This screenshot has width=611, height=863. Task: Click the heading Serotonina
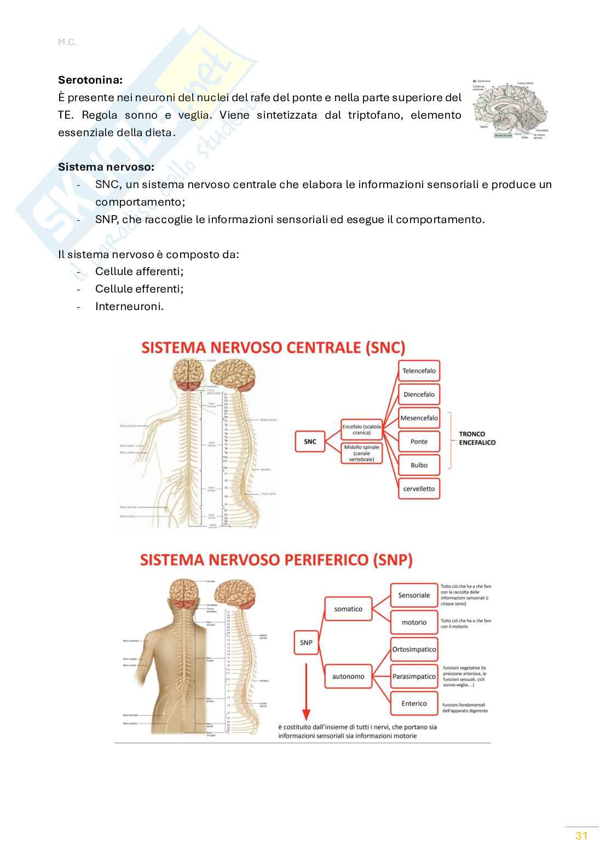pos(90,80)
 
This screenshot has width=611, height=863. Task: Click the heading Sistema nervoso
pos(106,167)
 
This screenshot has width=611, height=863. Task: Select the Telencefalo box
pos(419,371)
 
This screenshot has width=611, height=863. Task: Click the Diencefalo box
pos(419,394)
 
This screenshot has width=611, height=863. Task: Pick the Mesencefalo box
pos(419,418)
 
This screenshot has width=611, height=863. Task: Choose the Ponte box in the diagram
pos(419,441)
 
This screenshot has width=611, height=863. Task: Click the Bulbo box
pos(419,465)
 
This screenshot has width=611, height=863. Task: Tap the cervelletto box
pos(419,489)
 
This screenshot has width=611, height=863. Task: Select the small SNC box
pos(310,441)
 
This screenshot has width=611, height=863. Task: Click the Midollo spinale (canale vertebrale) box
pos(361,453)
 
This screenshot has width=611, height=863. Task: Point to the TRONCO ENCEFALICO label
pos(476,438)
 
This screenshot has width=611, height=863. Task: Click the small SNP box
pos(306,643)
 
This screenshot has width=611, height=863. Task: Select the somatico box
pos(348,609)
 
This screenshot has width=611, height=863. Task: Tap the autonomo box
pos(348,677)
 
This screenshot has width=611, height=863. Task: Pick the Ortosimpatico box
pos(414,650)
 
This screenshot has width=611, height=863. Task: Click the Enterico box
pos(414,703)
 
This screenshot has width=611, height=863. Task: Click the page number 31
pos(581,836)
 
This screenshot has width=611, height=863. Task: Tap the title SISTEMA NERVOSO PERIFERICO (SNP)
pos(276,560)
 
